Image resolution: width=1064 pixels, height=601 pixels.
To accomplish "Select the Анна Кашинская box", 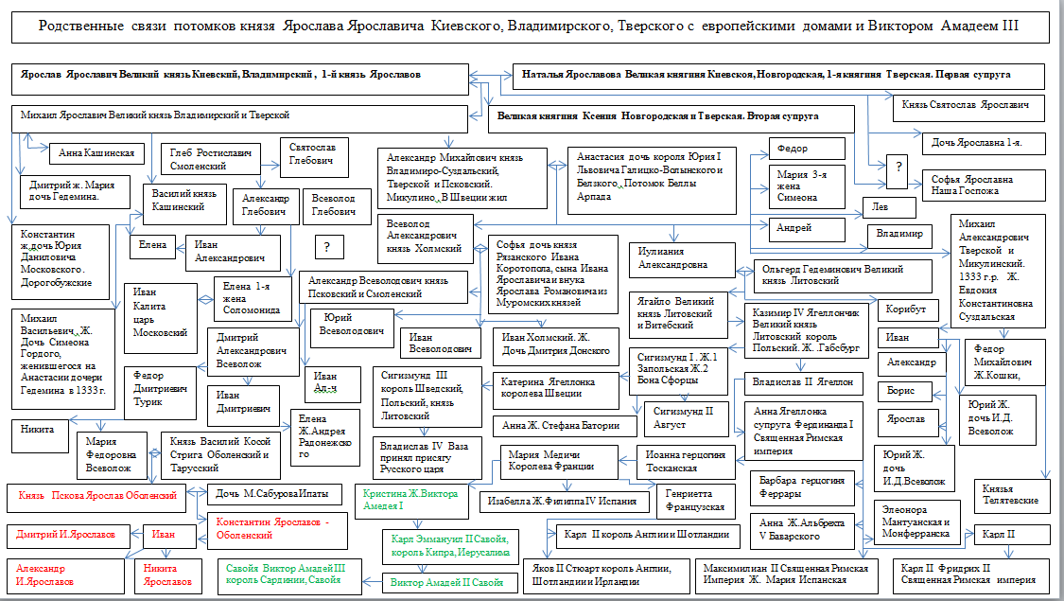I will pyautogui.click(x=96, y=151).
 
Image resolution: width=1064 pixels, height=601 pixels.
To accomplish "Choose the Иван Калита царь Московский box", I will pyautogui.click(x=158, y=313).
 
